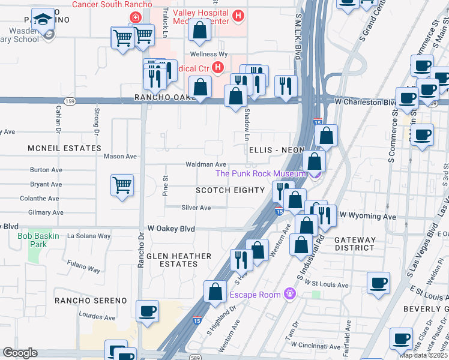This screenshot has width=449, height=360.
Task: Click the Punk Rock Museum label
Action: pos(261,173)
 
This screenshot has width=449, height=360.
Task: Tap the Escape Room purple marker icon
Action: pos(290,294)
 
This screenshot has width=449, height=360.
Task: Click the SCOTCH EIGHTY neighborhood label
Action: pos(230,190)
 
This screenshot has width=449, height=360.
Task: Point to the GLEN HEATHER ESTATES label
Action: pos(179,260)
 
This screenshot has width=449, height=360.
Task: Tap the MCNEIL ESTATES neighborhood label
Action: pos(64,148)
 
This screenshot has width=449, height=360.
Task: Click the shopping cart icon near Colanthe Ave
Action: pos(122,185)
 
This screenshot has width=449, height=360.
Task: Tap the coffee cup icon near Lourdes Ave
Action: pos(148,311)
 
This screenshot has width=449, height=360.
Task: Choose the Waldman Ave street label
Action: pos(205,164)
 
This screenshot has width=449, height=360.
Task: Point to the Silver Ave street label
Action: pos(196,208)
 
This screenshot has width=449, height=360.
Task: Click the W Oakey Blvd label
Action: pos(171,229)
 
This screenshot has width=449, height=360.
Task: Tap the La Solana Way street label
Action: pos(89,236)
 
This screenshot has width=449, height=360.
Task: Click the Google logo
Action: pos(20,353)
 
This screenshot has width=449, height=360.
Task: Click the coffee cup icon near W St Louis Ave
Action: pos(378,283)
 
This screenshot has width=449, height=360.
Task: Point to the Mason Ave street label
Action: pos(120,156)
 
